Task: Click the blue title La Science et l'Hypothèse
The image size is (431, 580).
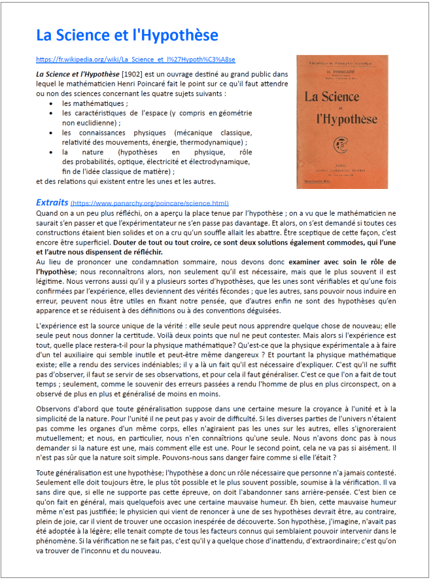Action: pyautogui.click(x=127, y=35)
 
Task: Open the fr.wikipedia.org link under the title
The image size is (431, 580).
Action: pyautogui.click(x=135, y=59)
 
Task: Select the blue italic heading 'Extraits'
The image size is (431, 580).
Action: pyautogui.click(x=52, y=202)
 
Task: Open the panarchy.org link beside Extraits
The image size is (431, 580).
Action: pyautogui.click(x=150, y=203)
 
